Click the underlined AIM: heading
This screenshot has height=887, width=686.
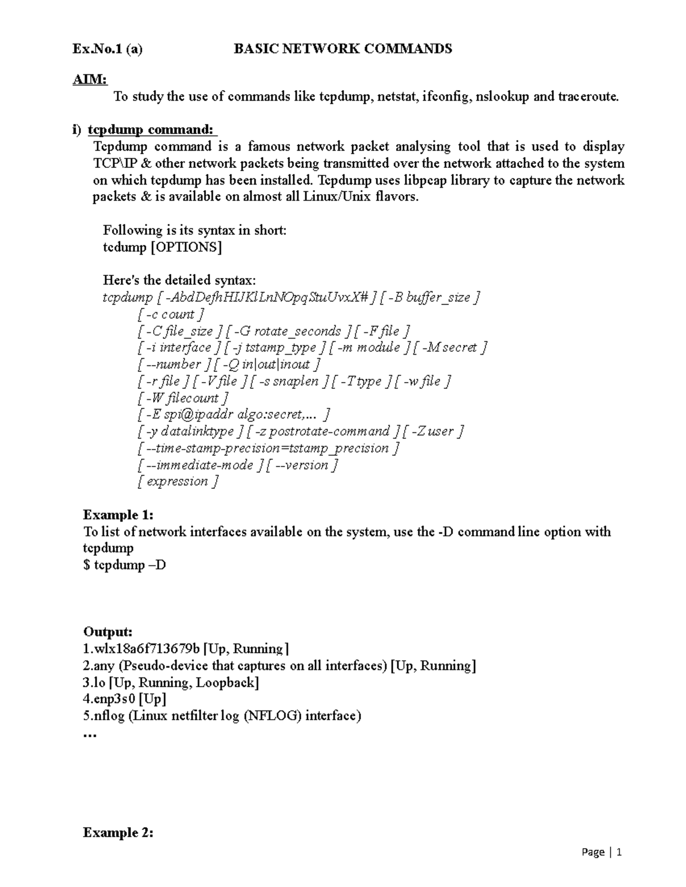[x=90, y=80]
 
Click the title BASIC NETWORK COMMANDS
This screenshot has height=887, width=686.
[x=343, y=49]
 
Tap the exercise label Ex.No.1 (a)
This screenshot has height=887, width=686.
[x=107, y=49]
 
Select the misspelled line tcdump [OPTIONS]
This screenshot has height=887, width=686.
[x=162, y=247]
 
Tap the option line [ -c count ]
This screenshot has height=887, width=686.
[x=170, y=314]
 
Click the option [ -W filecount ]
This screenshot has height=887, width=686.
[x=183, y=398]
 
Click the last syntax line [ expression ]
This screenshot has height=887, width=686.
[x=178, y=481]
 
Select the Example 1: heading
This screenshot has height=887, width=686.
[x=118, y=515]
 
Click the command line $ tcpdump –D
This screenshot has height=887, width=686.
[x=125, y=565]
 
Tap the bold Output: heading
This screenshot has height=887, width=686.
[x=108, y=632]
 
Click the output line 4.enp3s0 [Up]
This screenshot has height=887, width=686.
[x=125, y=699]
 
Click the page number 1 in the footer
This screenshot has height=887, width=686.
[x=619, y=853]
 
